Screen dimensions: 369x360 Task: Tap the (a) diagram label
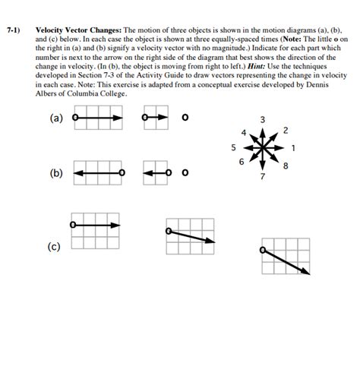[57, 118]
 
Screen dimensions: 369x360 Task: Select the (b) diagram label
[56, 173]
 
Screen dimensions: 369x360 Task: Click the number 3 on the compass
[262, 120]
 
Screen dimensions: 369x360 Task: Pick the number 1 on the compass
[293, 147]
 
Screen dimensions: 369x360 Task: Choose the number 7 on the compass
[263, 177]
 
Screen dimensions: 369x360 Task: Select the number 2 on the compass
[284, 131]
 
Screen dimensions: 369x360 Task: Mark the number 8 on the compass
[284, 166]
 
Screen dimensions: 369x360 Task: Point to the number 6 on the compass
[242, 162]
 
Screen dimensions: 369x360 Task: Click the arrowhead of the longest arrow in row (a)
[119, 118]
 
